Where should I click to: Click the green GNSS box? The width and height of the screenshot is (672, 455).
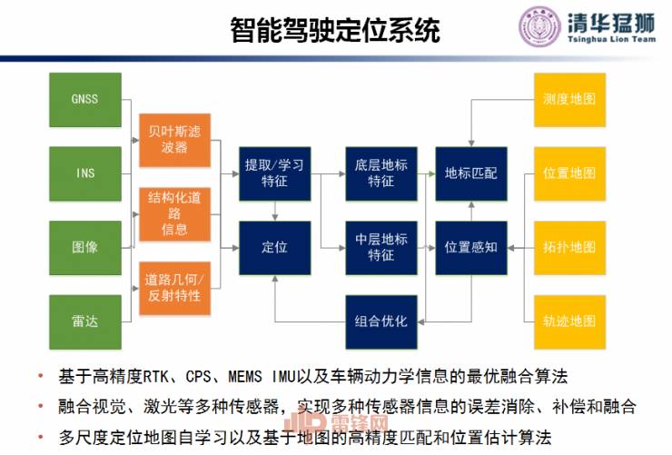click(84, 99)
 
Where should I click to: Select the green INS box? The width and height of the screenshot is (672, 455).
click(84, 173)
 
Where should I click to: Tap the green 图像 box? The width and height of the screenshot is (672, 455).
click(84, 247)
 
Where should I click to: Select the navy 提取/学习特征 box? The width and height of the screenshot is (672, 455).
click(274, 173)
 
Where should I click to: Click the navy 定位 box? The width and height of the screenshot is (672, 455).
click(274, 247)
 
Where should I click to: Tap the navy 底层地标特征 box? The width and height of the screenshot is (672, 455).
click(381, 173)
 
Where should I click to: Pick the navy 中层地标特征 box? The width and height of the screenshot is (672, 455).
click(381, 247)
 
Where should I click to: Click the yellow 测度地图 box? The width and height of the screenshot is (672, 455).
click(568, 99)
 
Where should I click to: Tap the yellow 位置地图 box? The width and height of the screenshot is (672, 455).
click(568, 173)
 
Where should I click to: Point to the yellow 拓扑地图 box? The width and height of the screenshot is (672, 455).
click(568, 247)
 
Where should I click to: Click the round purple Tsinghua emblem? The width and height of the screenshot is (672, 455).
click(539, 28)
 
